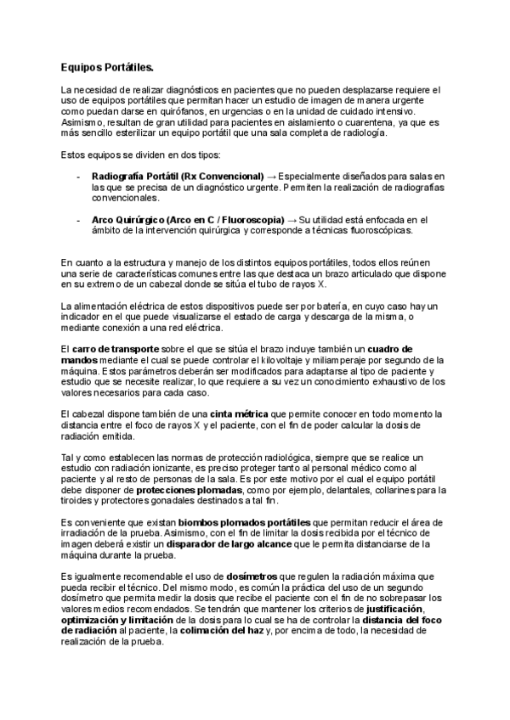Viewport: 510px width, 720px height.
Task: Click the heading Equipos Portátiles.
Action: click(107, 65)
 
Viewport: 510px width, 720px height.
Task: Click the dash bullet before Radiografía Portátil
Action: click(77, 176)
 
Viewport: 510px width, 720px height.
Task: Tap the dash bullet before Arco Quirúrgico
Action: click(77, 219)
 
